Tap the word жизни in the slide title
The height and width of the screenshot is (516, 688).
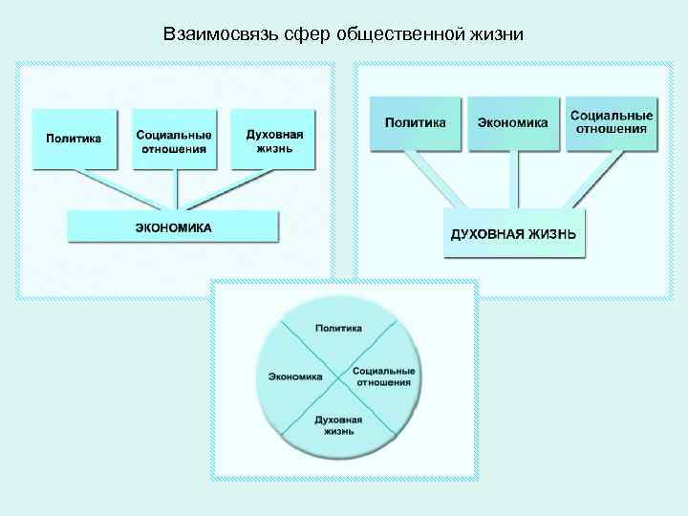(496, 35)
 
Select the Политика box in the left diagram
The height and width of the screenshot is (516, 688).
(74, 139)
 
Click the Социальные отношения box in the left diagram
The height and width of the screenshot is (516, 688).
(173, 139)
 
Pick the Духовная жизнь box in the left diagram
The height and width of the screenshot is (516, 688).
(274, 139)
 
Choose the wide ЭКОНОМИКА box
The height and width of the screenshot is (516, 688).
(173, 227)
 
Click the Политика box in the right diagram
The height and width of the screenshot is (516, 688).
(415, 123)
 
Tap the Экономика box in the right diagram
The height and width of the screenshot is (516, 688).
(513, 123)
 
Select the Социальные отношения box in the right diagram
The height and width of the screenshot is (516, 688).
(612, 122)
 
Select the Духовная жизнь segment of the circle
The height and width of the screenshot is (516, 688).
(338, 424)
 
